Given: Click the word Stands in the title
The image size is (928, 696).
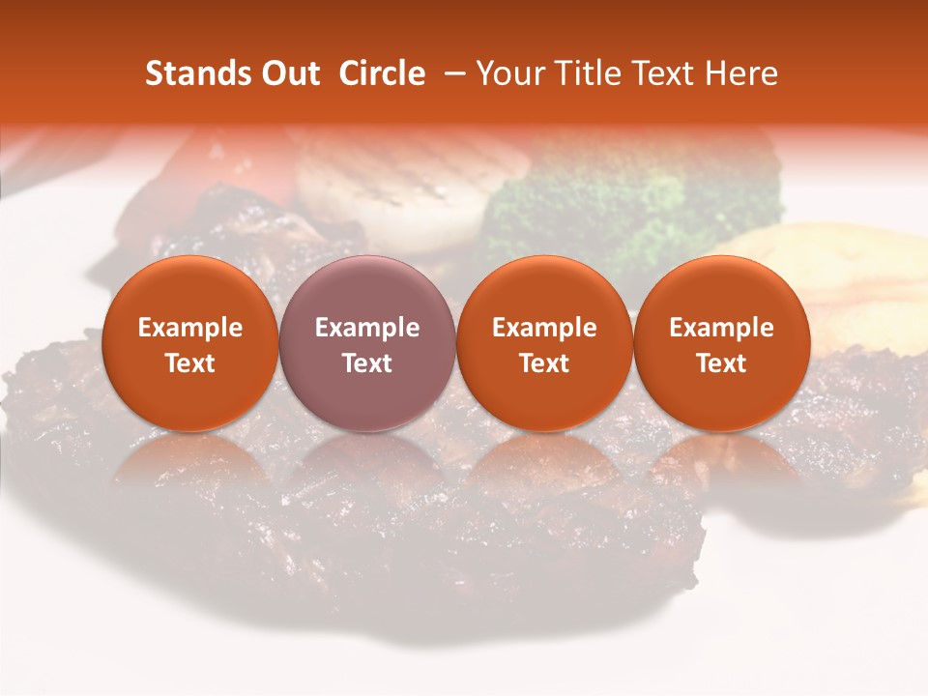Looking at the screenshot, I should click(x=192, y=73).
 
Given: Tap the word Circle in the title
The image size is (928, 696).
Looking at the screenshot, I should click(x=382, y=73).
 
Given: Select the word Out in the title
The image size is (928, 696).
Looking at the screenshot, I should click(x=287, y=73).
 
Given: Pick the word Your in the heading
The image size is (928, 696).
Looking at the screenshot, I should click(x=507, y=73).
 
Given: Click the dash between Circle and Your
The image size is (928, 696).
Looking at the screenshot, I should click(x=450, y=73).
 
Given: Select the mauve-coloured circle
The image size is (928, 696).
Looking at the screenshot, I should click(x=367, y=343).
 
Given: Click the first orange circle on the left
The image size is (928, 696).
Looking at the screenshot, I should click(x=190, y=343).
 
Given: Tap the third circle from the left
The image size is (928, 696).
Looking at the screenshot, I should click(x=544, y=343).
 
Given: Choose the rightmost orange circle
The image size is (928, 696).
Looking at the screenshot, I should click(x=721, y=343).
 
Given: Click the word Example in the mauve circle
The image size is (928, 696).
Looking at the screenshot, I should click(x=367, y=328).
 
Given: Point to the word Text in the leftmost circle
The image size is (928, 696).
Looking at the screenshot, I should click(x=190, y=363).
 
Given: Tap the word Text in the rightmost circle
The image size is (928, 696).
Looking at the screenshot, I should click(x=721, y=363).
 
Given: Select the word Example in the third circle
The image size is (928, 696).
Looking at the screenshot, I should click(x=544, y=328).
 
